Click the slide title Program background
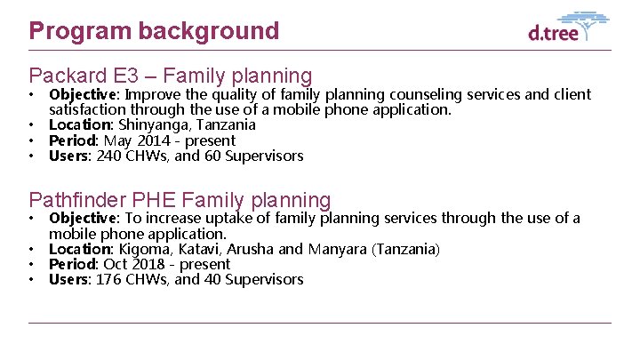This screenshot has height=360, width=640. click(154, 31)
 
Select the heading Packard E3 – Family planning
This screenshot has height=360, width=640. click(171, 76)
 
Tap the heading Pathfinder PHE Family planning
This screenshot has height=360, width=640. click(180, 202)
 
